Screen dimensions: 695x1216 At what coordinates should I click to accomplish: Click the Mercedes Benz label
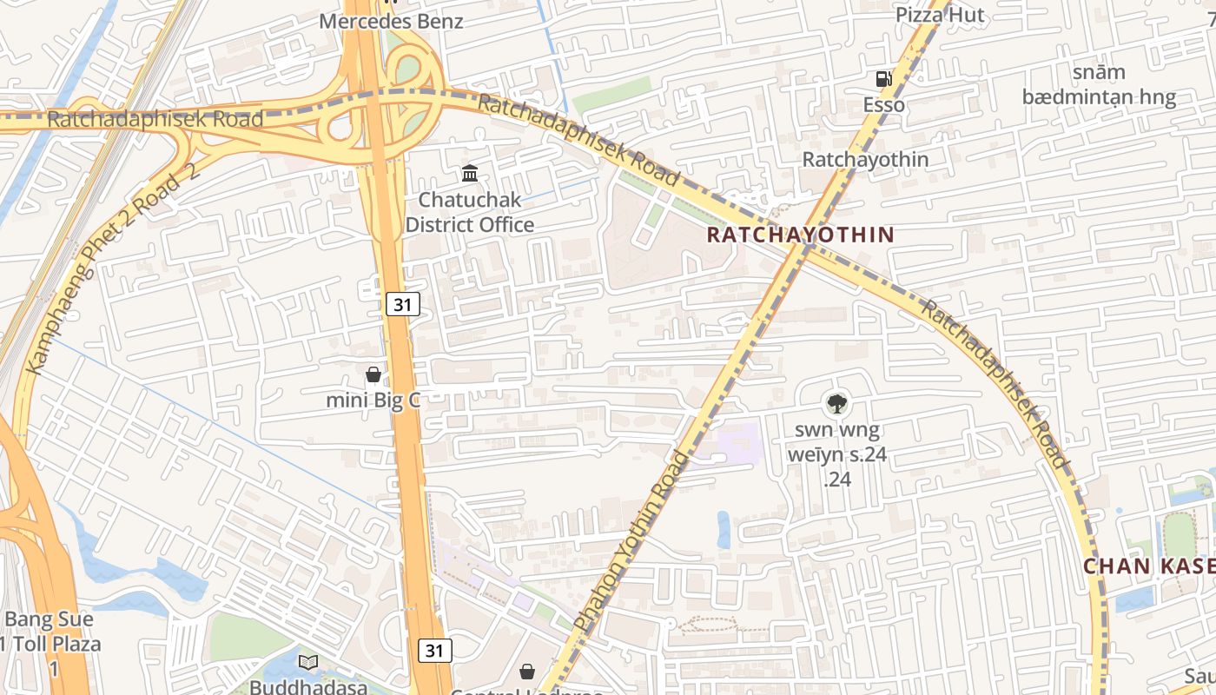tap(391, 21)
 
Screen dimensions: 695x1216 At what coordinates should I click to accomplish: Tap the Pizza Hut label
tap(941, 15)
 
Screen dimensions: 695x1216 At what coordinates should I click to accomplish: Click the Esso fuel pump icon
tap(883, 79)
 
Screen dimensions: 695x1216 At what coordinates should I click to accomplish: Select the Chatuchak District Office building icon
tap(470, 174)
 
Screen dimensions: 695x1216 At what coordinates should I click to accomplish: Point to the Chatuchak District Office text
tap(470, 212)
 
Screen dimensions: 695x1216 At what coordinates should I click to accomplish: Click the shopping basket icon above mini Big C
tap(373, 374)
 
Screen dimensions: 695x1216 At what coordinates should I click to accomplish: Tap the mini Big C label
tap(373, 400)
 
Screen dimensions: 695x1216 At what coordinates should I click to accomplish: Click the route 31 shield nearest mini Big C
tap(403, 304)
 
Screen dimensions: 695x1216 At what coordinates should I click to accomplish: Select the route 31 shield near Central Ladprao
tap(435, 650)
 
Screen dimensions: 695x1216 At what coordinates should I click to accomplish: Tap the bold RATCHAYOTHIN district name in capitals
tap(800, 235)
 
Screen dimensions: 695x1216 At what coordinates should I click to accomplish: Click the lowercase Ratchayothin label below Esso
tap(865, 160)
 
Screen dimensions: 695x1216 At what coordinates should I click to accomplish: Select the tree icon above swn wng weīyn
tap(837, 402)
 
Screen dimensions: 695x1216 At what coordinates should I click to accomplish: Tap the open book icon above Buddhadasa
tap(308, 662)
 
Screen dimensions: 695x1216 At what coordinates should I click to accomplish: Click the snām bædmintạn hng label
tap(1099, 84)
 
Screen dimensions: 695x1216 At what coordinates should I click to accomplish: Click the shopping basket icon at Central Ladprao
tap(527, 671)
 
